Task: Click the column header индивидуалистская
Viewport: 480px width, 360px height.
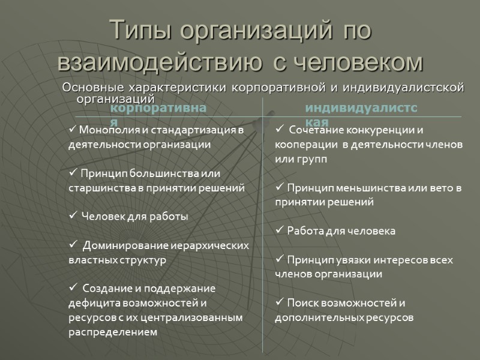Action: (344, 109)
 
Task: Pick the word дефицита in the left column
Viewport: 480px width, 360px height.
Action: (89, 302)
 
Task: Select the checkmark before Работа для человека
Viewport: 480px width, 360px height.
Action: (279, 230)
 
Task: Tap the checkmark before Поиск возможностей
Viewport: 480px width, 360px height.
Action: (279, 302)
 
